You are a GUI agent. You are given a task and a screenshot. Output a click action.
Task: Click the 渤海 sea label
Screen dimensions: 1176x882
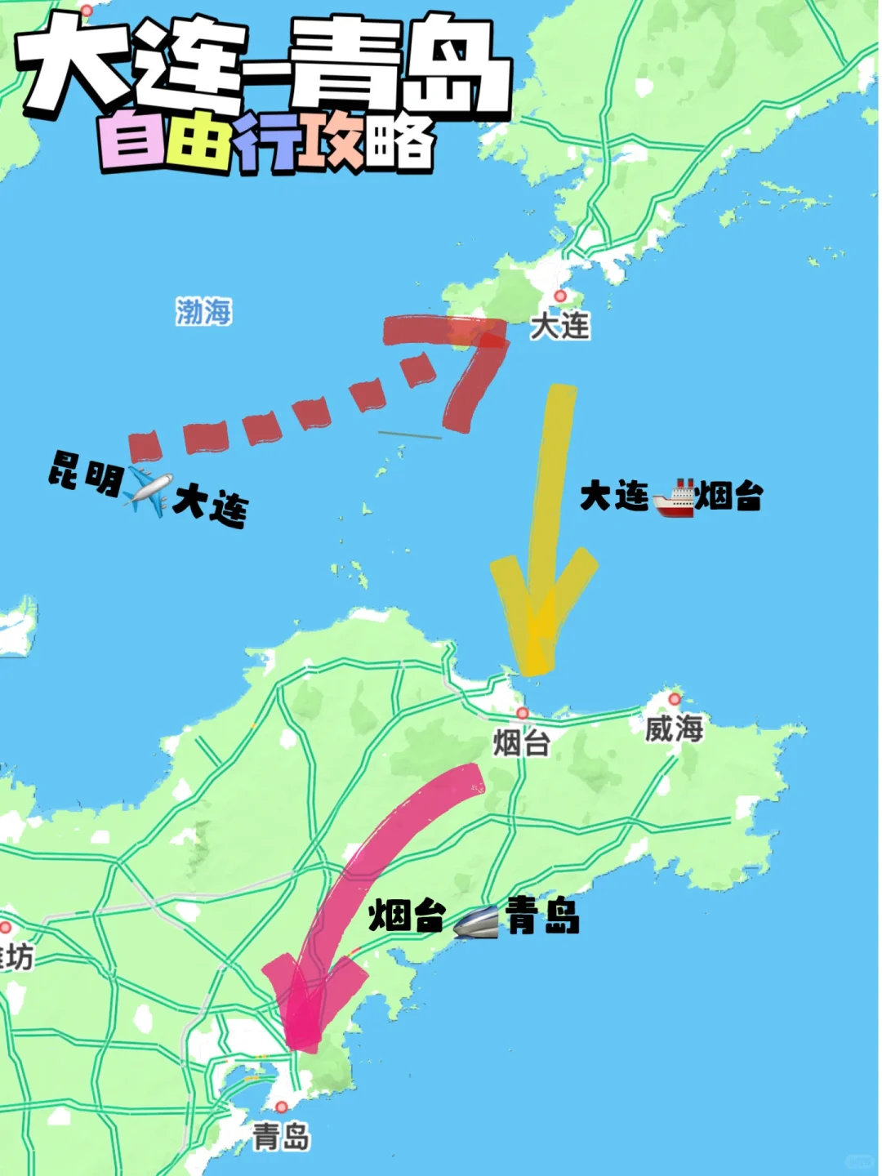click(203, 311)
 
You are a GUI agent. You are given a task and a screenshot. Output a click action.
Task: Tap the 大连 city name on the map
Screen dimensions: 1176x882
click(559, 326)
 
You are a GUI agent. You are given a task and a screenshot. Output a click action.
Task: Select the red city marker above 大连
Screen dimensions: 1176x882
click(559, 296)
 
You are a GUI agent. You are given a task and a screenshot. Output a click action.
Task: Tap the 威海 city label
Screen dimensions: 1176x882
click(674, 728)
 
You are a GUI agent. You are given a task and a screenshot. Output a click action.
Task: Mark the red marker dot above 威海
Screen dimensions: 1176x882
click(675, 699)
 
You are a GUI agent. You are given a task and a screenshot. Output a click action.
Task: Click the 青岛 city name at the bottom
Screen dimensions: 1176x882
click(281, 1136)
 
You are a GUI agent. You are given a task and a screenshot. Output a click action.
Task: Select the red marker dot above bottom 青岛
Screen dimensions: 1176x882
click(282, 1107)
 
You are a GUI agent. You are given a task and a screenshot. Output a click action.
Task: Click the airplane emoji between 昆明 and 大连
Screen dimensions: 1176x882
click(148, 491)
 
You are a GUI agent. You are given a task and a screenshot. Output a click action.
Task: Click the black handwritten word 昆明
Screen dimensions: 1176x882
click(85, 472)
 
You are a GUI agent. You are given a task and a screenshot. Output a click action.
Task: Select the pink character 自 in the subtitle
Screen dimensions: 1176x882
click(131, 144)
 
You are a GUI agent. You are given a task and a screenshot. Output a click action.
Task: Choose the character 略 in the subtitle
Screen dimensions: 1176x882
click(399, 144)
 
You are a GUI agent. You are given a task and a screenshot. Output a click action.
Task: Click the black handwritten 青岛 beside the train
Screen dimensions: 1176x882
click(543, 915)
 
